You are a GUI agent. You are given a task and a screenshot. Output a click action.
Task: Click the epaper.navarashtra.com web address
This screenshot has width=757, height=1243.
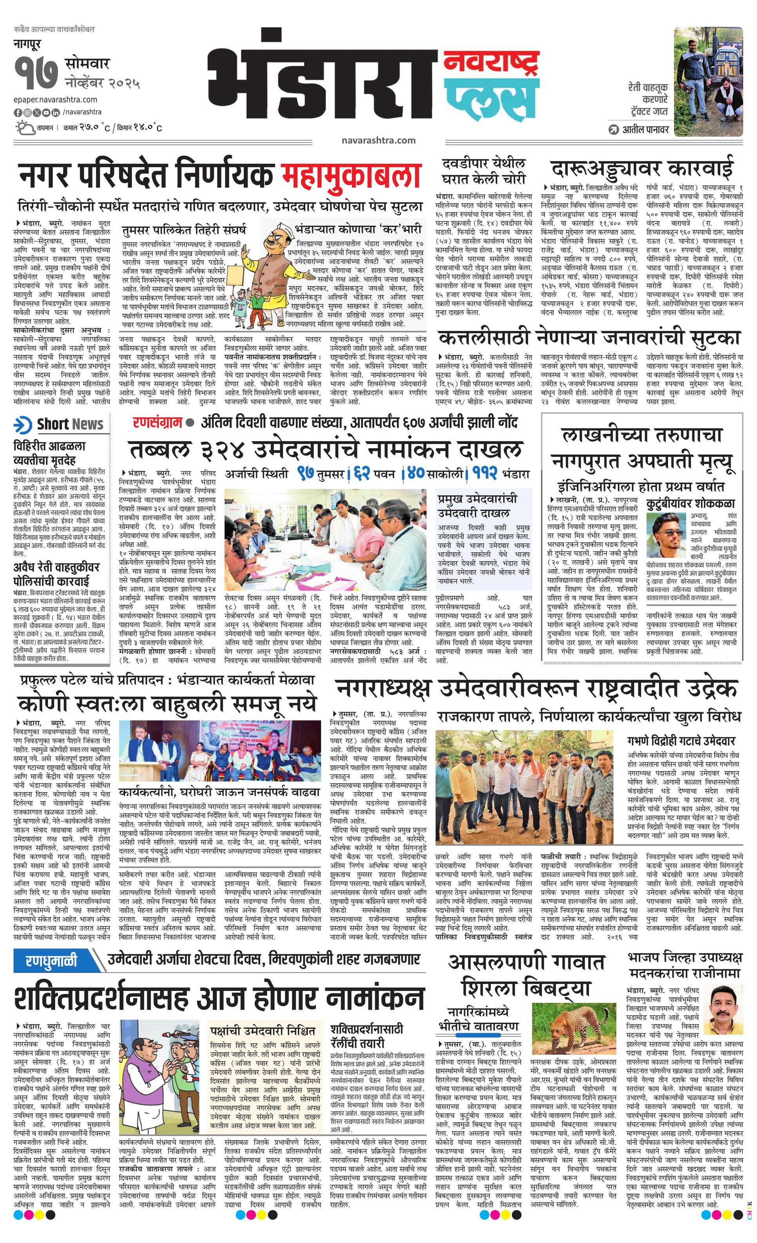tap(56, 100)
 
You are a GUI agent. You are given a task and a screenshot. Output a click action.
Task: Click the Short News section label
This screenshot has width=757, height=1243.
tap(61, 424)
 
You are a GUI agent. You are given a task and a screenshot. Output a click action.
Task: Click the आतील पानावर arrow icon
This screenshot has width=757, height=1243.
tap(613, 129)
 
